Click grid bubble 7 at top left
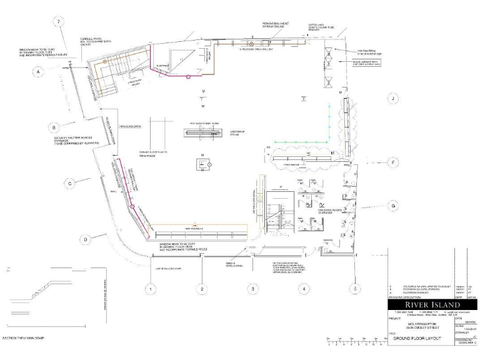click(59, 22)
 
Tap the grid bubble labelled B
click(55, 127)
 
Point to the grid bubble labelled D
click(86, 239)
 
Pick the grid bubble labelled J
click(392, 99)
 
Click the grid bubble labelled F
click(392, 163)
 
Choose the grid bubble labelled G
click(393, 205)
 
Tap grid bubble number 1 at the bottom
click(150, 289)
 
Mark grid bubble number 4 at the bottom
click(303, 289)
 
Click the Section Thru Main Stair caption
click(26, 338)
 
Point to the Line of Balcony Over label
click(167, 269)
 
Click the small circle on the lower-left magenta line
click(133, 206)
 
